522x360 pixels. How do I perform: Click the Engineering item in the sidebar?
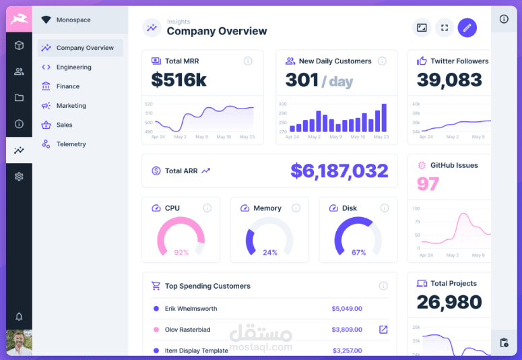coord(73,67)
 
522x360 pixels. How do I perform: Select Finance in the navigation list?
coord(67,86)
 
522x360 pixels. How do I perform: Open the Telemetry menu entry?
coord(71,144)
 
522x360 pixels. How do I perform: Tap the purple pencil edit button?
coord(467,28)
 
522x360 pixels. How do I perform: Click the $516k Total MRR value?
coord(178,80)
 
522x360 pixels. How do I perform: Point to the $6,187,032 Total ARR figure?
coord(339,171)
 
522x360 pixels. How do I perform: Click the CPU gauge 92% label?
coord(181,253)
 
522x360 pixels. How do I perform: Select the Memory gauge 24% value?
coord(269,253)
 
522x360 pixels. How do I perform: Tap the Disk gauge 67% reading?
coord(358,253)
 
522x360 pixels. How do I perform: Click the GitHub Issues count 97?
coord(428,183)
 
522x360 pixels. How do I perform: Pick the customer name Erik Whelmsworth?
coord(191,309)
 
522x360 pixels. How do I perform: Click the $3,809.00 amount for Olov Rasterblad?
coord(347,330)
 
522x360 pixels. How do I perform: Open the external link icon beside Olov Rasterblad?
coord(383,330)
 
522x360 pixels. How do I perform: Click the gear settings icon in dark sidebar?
coord(19,177)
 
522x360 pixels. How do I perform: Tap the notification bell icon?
coord(19,317)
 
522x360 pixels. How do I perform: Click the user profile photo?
coord(19,342)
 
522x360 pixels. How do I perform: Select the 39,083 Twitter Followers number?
coord(449,80)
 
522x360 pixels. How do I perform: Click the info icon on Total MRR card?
coord(248,61)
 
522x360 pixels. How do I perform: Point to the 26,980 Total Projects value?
coord(449,302)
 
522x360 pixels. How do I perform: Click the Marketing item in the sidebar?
coord(71,106)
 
